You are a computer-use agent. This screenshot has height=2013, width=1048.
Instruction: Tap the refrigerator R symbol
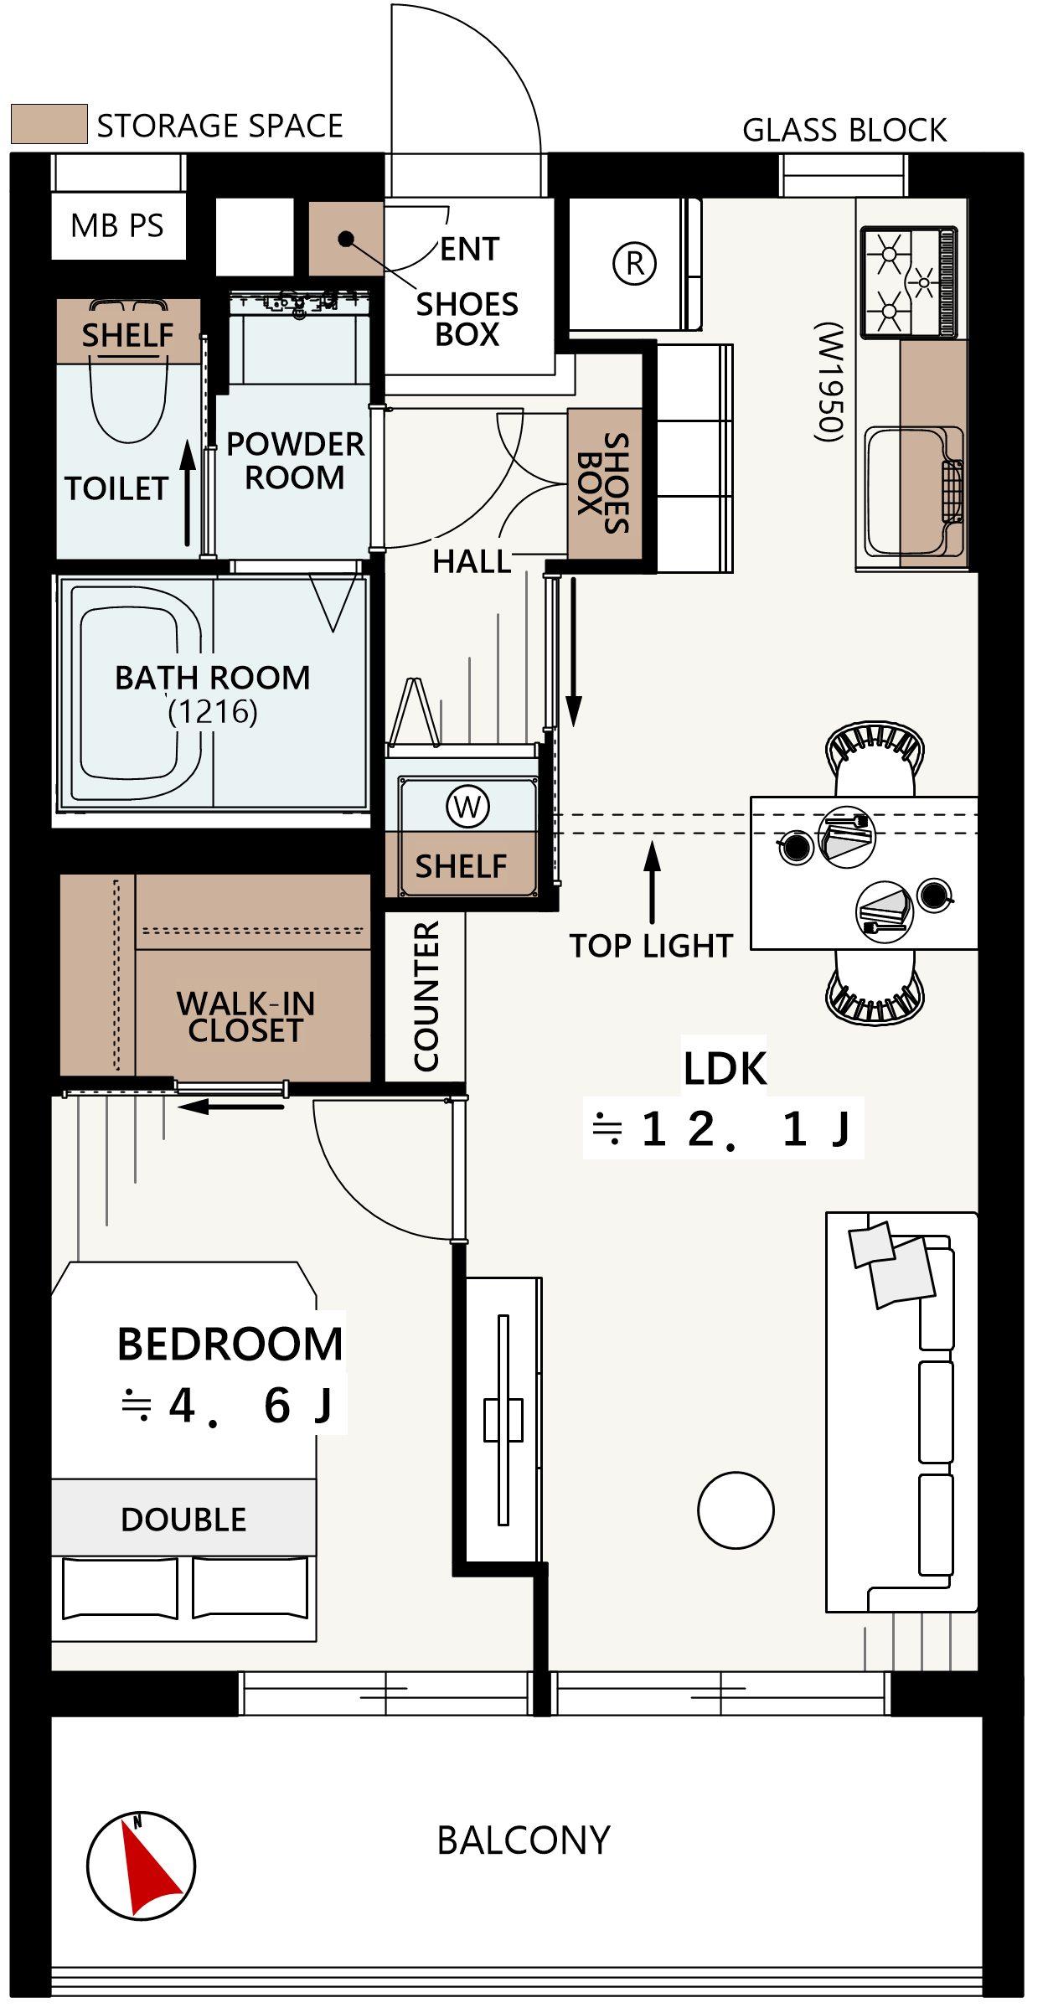635,264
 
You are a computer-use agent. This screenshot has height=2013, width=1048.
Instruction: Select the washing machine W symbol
467,807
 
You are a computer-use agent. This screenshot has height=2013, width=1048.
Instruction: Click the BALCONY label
524,1841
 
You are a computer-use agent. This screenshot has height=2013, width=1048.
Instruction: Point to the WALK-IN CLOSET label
245,1017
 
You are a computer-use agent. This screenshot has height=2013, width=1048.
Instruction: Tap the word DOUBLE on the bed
183,1520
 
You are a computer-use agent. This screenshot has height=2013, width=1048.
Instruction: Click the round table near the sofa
736,1510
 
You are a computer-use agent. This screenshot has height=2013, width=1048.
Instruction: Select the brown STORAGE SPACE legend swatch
49,124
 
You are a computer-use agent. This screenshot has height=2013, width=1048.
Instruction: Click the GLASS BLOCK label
844,131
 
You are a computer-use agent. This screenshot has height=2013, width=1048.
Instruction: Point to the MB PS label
117,226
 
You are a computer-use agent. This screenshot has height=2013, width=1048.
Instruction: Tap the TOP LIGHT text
652,946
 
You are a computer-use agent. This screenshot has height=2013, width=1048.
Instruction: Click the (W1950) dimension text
830,382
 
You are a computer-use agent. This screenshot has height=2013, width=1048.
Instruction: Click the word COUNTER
426,996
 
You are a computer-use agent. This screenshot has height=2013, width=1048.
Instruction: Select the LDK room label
725,1069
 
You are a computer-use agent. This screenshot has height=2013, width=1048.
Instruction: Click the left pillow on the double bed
120,1588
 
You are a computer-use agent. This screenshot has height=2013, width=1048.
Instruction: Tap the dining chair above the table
875,758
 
